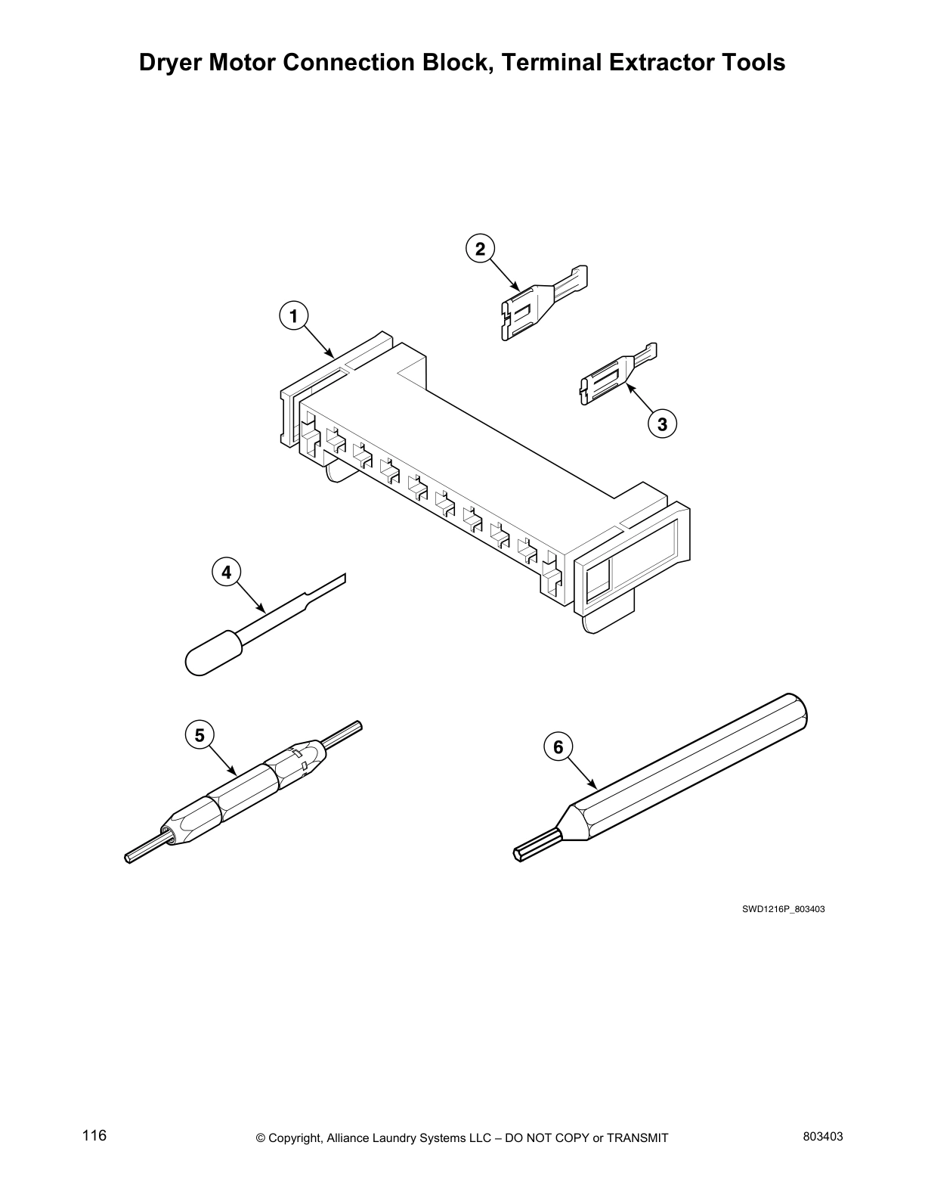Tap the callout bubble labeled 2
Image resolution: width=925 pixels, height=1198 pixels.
click(x=480, y=248)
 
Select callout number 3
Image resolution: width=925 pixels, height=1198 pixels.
click(x=662, y=424)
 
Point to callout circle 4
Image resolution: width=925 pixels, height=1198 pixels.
click(x=226, y=573)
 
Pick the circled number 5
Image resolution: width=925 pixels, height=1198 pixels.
click(x=199, y=735)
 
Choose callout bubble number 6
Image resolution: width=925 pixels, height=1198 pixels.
click(x=558, y=748)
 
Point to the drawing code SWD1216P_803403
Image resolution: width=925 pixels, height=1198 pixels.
click(x=783, y=909)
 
